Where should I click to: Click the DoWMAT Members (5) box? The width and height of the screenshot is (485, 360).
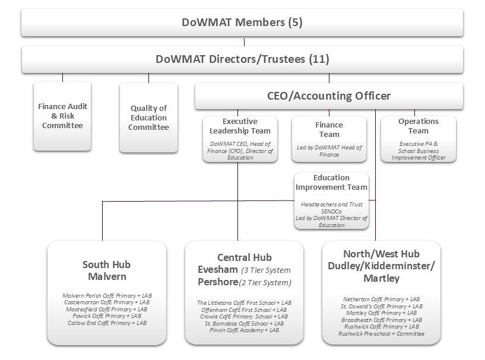pos(242,23)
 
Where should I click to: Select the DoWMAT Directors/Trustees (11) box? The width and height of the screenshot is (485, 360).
pos(242,59)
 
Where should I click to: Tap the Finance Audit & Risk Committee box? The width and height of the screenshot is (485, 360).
pos(62,116)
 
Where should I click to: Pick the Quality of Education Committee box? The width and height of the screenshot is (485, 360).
pos(148,117)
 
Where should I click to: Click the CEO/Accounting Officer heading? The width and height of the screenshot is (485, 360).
pos(329,96)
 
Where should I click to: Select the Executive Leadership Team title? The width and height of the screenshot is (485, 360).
pos(240,126)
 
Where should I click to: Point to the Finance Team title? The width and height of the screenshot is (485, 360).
pos(329,129)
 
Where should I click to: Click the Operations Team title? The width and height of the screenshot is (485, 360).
pos(418,126)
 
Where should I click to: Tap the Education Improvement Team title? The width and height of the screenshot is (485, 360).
pos(331,182)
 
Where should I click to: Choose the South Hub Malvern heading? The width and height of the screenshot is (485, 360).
pos(107,270)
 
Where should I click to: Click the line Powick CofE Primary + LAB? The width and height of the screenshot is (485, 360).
pos(107,316)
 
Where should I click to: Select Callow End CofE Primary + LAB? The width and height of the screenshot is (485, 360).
pos(107,323)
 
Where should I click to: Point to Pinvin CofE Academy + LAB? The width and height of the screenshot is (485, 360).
pos(244,330)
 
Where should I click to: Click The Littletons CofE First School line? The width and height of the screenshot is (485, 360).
pos(244,303)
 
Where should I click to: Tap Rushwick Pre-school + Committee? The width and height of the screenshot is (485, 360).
pos(381,334)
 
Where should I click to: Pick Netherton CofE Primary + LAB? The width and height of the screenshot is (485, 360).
pos(381,299)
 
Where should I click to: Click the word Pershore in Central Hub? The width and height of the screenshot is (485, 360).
pos(218,282)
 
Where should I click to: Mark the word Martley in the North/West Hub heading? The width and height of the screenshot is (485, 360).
pos(381,278)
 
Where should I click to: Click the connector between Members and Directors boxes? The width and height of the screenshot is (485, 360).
pos(245,42)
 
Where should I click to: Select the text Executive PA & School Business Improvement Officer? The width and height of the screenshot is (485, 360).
pos(419,151)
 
